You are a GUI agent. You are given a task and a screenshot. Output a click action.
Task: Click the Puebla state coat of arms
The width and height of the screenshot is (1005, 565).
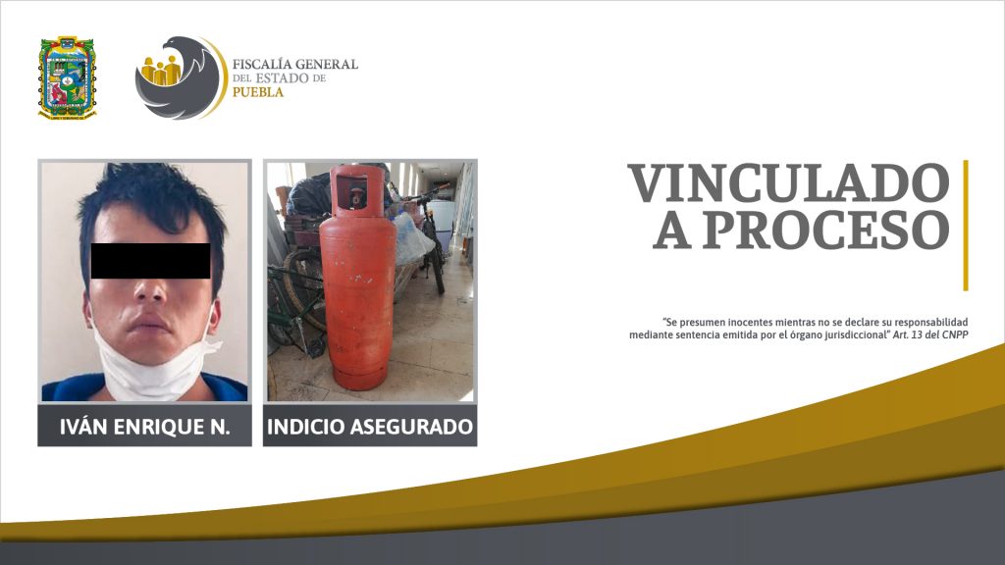(68, 77)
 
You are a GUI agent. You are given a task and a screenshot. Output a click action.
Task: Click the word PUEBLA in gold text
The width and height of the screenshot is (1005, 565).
(258, 92)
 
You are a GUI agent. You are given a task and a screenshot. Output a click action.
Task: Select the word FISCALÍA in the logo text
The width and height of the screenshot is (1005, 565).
(261, 64)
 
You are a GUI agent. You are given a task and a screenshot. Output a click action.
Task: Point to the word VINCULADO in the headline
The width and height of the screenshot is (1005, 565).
(788, 183)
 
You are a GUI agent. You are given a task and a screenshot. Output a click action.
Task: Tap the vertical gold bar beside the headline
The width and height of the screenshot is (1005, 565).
(966, 225)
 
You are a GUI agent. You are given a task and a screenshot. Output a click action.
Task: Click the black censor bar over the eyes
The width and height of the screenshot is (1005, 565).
(150, 261)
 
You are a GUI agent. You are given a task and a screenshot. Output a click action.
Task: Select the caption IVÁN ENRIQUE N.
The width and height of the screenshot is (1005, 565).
(145, 427)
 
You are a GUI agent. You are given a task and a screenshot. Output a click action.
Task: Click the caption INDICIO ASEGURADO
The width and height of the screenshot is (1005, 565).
(370, 427)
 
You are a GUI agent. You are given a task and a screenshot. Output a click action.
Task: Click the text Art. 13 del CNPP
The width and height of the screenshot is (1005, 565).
(930, 335)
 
